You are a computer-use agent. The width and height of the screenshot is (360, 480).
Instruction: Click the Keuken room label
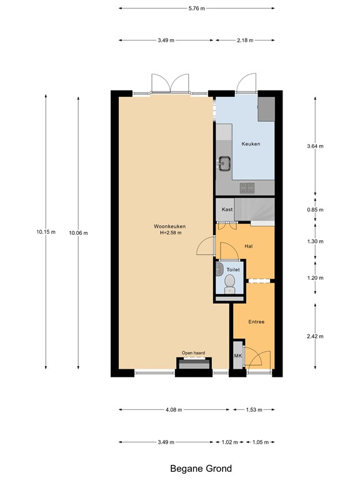251,144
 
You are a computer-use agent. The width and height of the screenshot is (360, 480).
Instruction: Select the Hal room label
249,246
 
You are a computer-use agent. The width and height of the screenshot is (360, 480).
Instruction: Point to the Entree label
256,322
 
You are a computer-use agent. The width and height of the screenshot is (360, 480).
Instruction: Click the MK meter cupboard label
237,356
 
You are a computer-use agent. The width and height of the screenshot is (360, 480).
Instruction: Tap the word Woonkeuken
170,226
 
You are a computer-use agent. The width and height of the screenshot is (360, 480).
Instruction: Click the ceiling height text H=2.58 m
170,233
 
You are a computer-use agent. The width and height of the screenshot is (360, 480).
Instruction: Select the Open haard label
193,352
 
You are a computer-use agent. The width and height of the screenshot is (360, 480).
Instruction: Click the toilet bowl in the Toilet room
230,283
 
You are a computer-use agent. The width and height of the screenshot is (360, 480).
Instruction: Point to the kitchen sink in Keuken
224,164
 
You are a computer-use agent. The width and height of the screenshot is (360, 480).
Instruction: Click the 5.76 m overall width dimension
196,8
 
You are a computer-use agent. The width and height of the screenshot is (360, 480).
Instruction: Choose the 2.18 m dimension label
245,40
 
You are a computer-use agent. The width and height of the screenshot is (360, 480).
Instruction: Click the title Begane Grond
201,469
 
